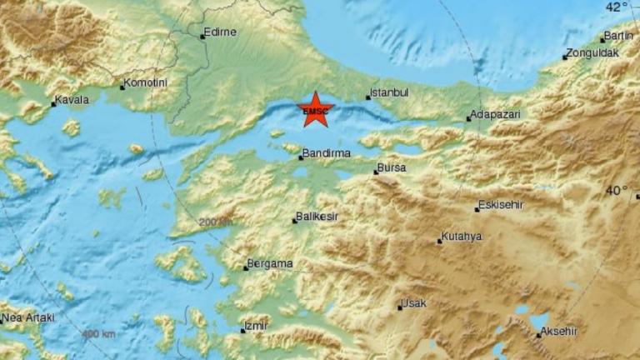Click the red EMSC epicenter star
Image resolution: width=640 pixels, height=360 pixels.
tap(316, 110)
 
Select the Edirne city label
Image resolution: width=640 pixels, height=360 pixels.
tap(222, 32)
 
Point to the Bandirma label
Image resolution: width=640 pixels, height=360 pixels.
tap(327, 153)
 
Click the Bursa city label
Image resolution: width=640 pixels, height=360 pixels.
tap(392, 167)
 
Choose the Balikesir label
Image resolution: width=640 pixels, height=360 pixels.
tap(319, 218)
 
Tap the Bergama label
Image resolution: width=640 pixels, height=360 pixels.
tap(270, 264)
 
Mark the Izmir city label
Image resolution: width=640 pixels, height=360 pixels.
tap(256, 327)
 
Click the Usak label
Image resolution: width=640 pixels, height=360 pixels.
tap(414, 304)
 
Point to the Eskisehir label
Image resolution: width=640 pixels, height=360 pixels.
tap(500, 205)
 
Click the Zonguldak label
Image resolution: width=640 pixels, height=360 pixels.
tap(591, 53)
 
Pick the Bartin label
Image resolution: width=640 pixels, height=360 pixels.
tap(619, 36)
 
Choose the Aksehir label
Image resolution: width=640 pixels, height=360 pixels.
tap(559, 332)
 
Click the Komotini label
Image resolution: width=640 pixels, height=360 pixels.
tap(147, 83)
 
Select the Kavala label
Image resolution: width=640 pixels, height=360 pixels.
tap(72, 101)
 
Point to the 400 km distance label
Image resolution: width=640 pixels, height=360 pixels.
tap(99, 334)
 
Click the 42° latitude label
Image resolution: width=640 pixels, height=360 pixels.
tap(617, 7)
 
